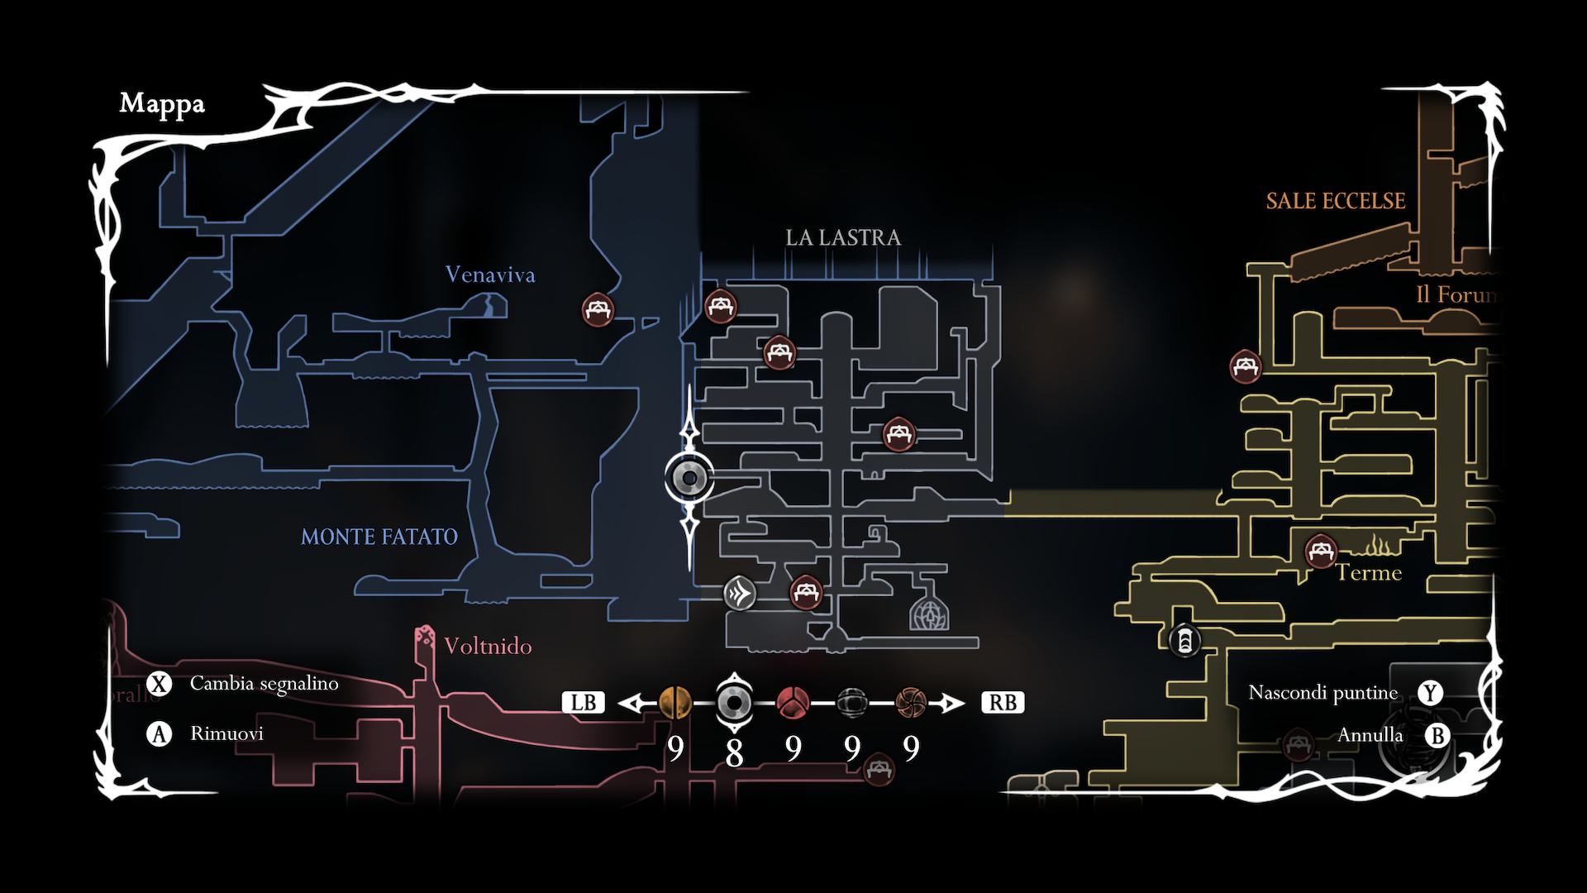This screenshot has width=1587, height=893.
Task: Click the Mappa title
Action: coord(162,104)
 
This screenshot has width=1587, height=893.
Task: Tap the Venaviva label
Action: coord(489,275)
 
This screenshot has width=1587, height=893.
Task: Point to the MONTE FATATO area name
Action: coord(379,537)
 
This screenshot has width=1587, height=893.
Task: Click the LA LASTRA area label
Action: coord(842,238)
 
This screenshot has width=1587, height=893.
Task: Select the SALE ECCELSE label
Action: coord(1335,201)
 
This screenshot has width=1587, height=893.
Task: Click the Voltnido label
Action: coord(488,646)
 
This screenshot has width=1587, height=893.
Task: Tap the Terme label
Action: coord(1369,573)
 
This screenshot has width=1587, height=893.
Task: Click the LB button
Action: coord(584,703)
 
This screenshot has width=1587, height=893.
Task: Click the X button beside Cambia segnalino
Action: coord(159,684)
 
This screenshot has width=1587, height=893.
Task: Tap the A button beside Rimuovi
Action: coord(159,733)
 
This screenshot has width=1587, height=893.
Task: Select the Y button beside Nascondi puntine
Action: coord(1430,693)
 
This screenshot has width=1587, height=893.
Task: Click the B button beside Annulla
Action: coord(1437,735)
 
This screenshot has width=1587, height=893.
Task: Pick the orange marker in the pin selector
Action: coord(675,703)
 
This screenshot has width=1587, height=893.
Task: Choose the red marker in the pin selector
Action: coord(792,703)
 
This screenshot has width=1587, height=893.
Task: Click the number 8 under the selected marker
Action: coord(733,753)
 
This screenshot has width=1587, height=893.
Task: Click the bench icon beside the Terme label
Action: coord(1320,551)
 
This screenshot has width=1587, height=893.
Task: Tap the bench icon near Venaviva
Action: coord(597,310)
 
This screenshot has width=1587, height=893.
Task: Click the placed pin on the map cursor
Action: coord(689,478)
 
